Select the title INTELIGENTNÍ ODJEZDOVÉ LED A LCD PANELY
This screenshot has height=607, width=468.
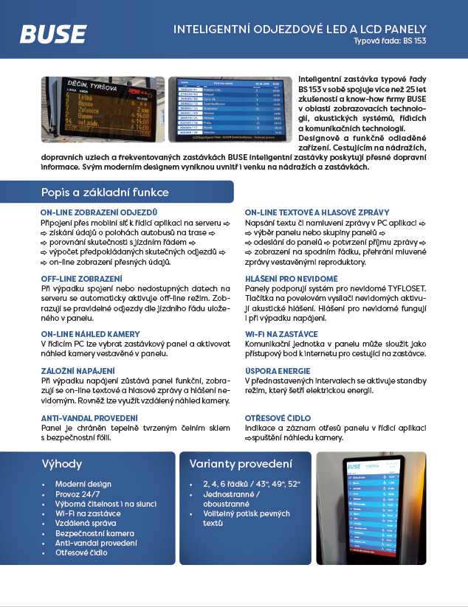click(300, 29)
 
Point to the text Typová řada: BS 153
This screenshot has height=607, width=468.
click(390, 41)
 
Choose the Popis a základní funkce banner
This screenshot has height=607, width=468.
click(106, 192)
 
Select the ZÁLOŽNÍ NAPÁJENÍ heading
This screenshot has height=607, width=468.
click(77, 370)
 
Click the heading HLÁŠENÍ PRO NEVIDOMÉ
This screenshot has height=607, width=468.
click(291, 279)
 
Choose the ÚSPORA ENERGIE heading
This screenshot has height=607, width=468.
click(278, 370)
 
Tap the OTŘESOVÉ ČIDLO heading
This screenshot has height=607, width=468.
click(278, 418)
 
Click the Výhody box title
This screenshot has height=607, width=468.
click(62, 465)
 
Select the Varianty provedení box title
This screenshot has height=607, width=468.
click(240, 465)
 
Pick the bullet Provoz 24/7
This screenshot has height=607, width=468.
click(78, 493)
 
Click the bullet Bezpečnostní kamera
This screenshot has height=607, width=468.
click(94, 533)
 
